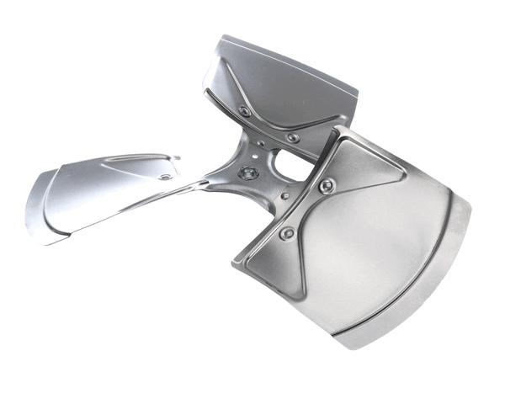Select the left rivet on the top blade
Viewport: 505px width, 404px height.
click(245, 111)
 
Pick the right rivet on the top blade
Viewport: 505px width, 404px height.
click(292, 137)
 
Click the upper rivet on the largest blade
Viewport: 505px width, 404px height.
click(327, 184)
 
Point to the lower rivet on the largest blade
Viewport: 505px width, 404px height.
click(288, 232)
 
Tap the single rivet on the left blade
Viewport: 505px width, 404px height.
click(164, 176)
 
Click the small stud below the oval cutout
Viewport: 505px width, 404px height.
click(285, 196)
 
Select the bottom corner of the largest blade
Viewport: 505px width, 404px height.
click(353, 345)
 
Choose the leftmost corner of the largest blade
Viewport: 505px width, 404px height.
click(234, 265)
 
